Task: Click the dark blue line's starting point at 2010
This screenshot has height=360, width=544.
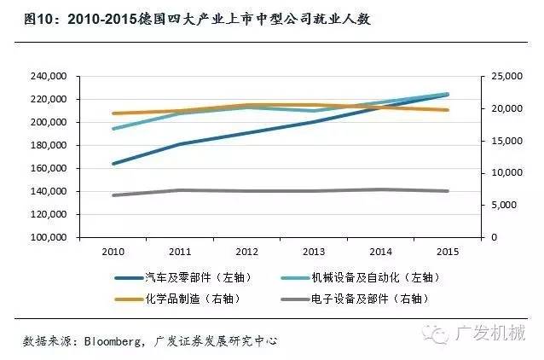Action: tap(113, 163)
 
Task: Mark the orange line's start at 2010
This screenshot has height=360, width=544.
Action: tap(113, 113)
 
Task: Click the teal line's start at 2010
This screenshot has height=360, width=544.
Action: tap(113, 129)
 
